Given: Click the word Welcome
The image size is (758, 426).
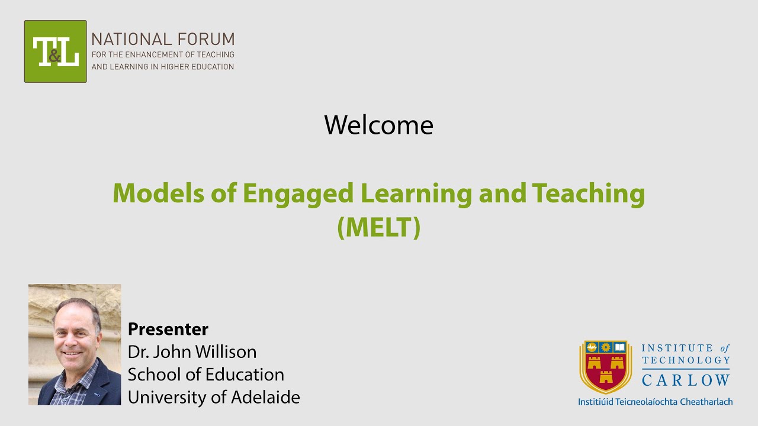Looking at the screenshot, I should tap(378, 125).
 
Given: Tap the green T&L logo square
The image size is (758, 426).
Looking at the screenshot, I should tap(56, 51).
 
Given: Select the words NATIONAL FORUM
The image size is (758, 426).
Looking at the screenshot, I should tap(163, 40).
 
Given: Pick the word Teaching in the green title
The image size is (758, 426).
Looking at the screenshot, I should tap(588, 193).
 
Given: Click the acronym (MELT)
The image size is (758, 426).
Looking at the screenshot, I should tap(378, 228).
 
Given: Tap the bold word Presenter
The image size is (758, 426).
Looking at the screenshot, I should tap(168, 329).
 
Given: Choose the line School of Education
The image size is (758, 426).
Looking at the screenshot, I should tap(206, 375).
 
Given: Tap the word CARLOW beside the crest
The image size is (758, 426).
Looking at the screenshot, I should tap(686, 379).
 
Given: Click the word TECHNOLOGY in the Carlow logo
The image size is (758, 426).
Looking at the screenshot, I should tap(686, 360).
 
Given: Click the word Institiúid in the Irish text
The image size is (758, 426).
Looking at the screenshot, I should tap(599, 402).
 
